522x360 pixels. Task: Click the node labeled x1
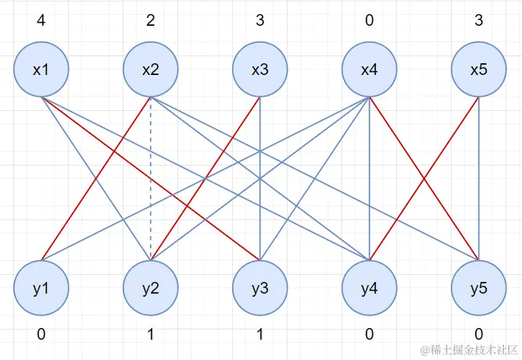coord(41,70)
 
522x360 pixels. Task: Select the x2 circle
coord(151,70)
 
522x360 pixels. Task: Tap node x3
coord(260,70)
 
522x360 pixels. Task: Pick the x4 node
coord(370,70)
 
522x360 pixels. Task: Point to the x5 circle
coord(479,70)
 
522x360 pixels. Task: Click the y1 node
coord(41,288)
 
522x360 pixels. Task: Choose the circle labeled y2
coord(151,288)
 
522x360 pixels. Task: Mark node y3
coord(260,288)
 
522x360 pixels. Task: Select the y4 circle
coord(370,288)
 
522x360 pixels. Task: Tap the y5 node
coord(479,288)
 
